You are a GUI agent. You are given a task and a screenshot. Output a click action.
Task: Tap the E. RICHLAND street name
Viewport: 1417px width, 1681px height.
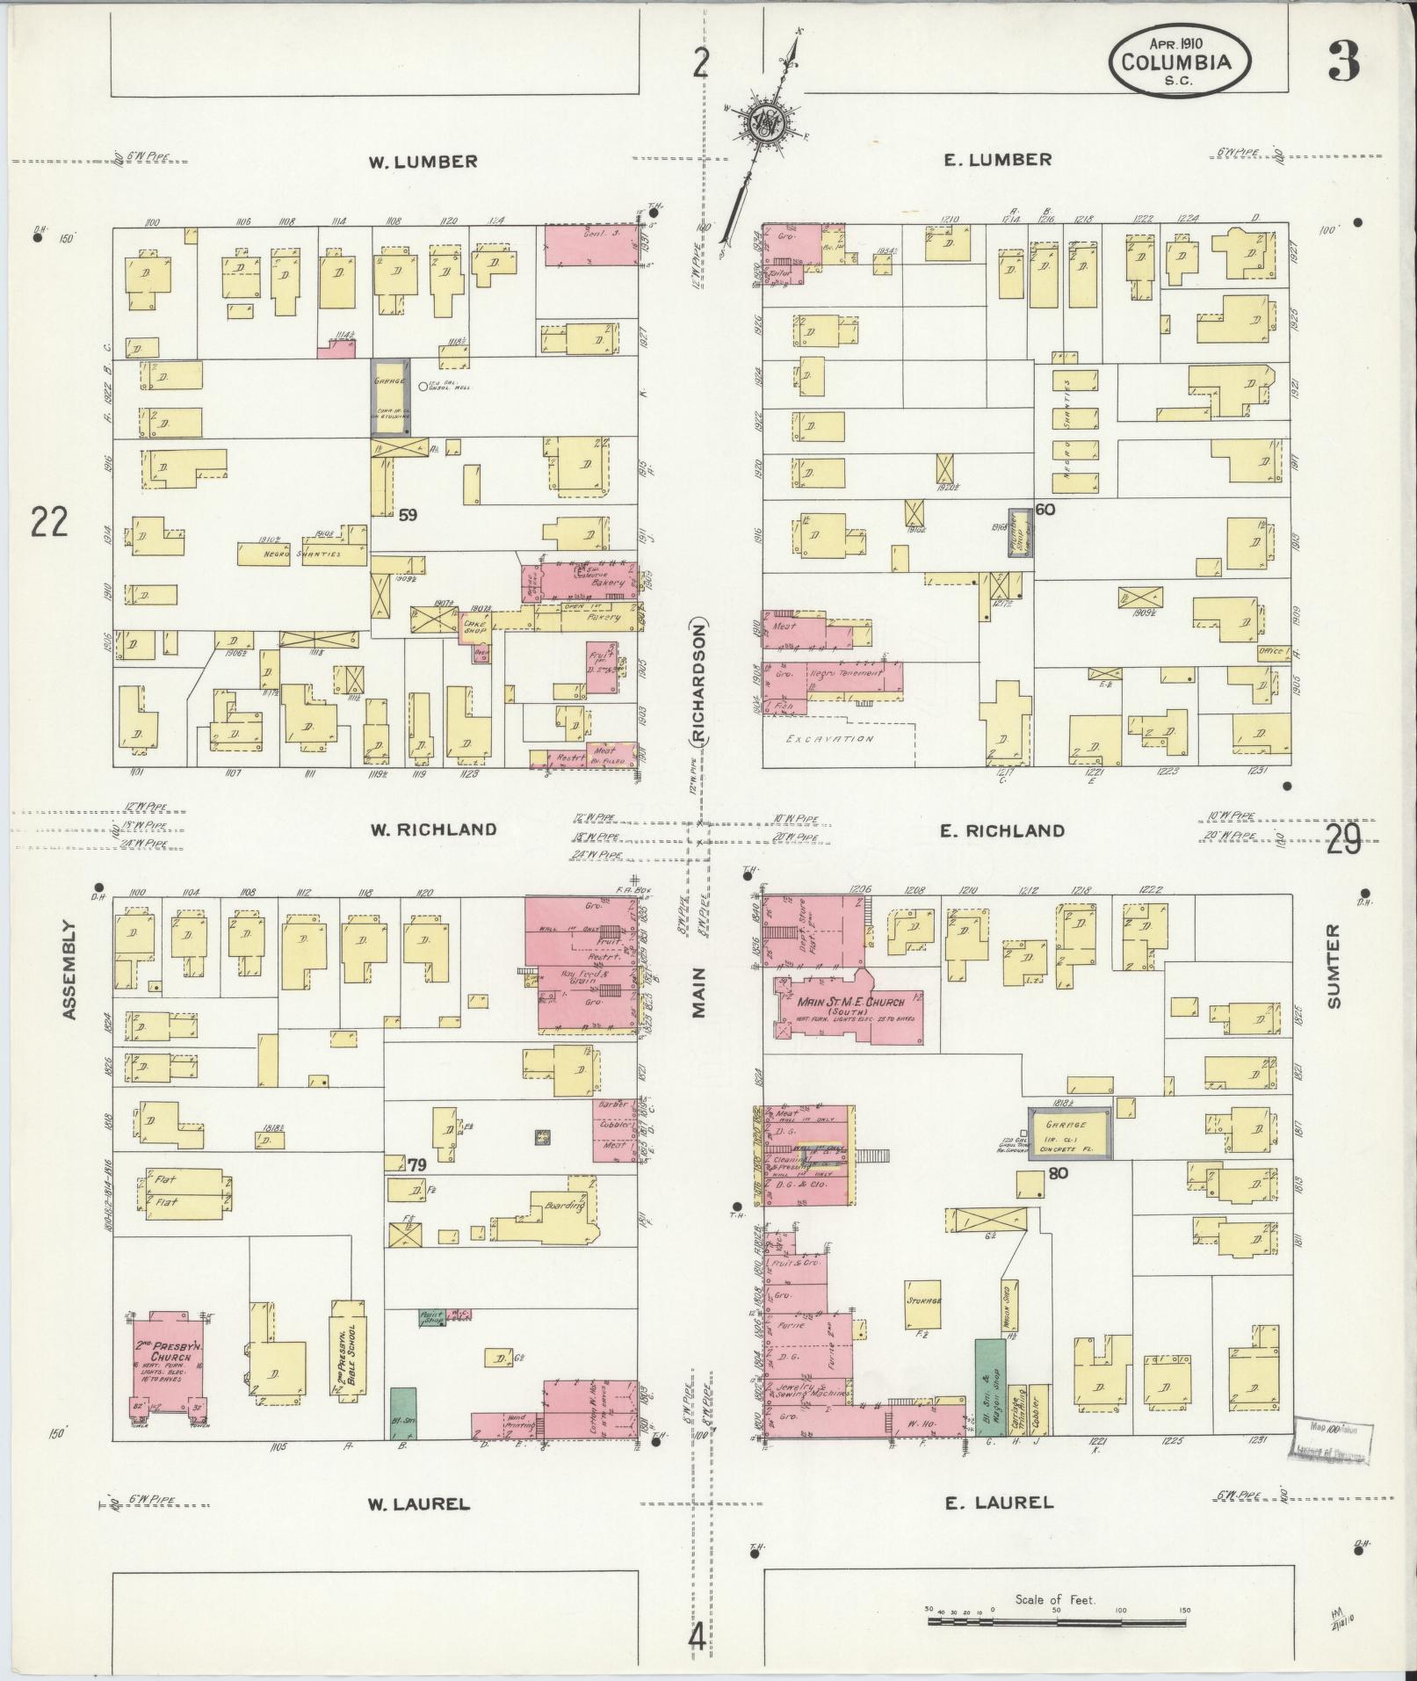click(1001, 830)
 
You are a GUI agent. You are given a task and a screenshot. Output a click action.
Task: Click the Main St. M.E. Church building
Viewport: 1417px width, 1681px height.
click(843, 1007)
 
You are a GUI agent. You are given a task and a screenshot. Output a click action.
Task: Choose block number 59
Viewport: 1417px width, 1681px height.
click(407, 516)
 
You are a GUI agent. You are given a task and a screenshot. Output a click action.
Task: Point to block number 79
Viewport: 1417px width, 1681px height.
click(416, 1164)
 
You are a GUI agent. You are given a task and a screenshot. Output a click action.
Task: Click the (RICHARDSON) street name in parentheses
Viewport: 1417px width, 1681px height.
click(699, 684)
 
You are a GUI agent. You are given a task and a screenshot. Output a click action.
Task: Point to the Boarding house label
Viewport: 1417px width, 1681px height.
click(565, 1206)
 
